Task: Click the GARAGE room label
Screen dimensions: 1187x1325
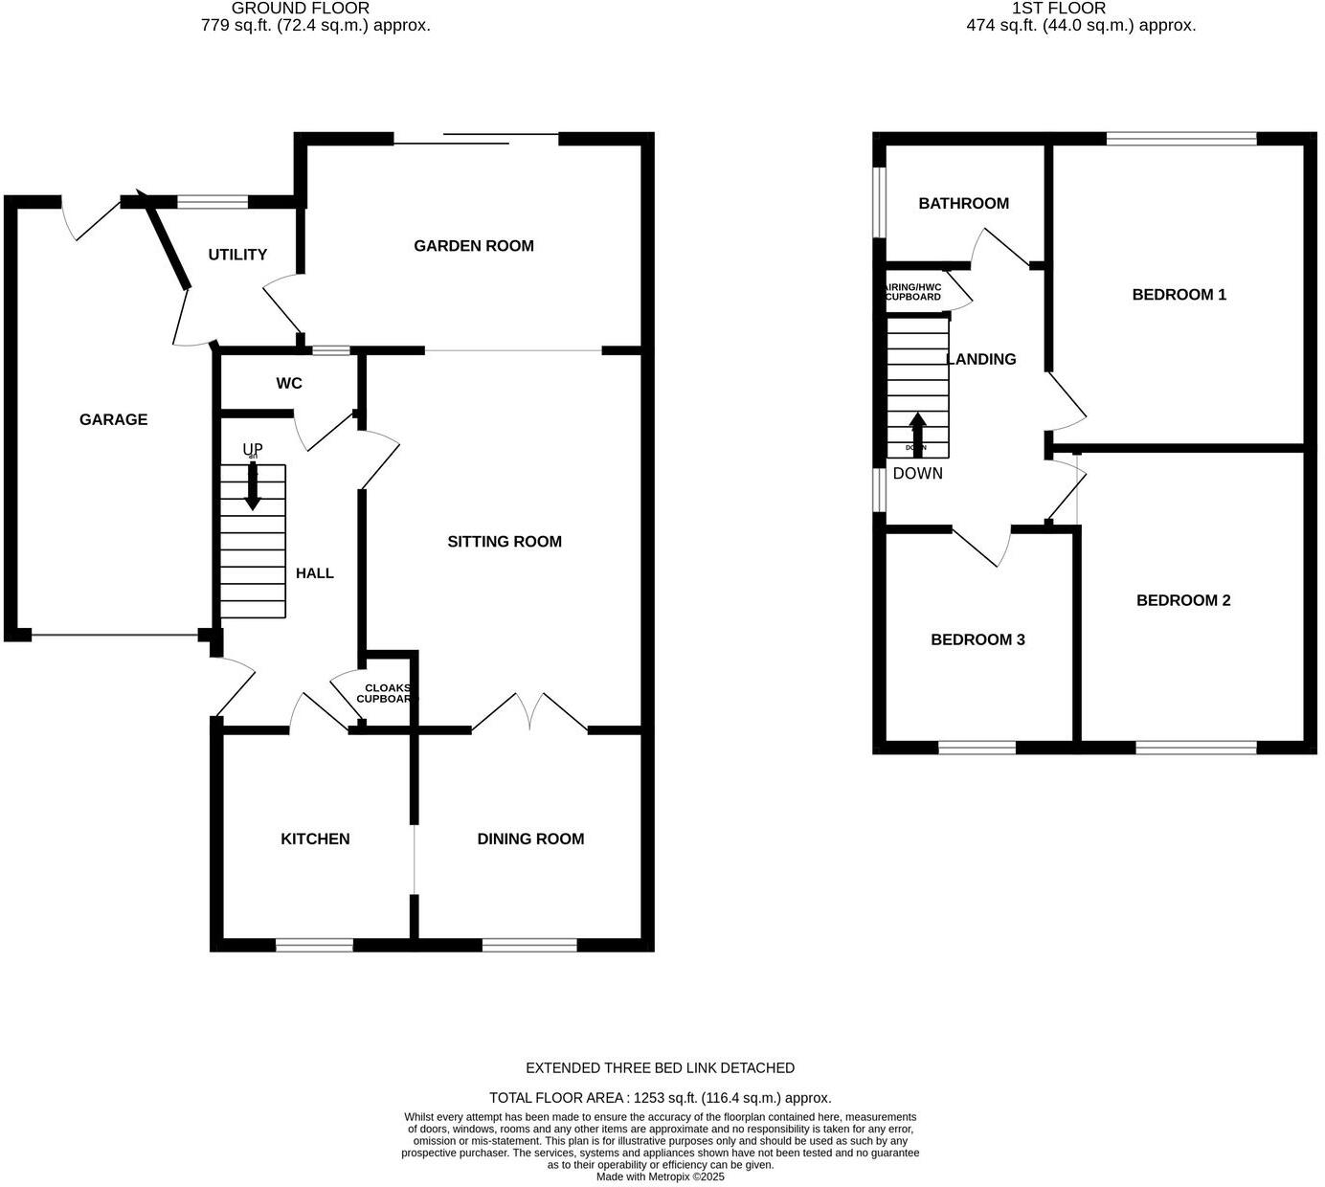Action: tap(113, 419)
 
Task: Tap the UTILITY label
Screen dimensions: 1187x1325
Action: tap(237, 255)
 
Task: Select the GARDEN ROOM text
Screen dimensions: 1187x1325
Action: tap(473, 246)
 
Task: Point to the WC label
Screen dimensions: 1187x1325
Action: tap(289, 384)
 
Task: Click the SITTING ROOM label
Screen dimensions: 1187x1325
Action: tap(505, 542)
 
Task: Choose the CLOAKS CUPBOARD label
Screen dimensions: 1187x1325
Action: tap(387, 693)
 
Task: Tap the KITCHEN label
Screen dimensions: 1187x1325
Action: tap(315, 840)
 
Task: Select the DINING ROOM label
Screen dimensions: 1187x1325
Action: tap(530, 840)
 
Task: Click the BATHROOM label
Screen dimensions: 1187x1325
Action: tap(963, 204)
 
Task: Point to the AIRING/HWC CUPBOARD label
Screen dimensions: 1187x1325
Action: tap(913, 292)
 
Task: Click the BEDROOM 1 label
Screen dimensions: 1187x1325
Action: tap(1179, 295)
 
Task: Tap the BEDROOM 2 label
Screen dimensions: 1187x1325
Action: tap(1183, 601)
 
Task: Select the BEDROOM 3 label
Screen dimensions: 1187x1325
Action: tap(977, 639)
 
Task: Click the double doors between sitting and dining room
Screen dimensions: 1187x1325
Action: tap(529, 713)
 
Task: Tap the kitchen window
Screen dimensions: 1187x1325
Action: tap(314, 945)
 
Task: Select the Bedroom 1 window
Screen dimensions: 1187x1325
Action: tap(1181, 139)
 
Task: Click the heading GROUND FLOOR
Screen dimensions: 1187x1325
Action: tap(301, 9)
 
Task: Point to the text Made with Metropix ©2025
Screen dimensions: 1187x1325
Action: tap(660, 1177)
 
